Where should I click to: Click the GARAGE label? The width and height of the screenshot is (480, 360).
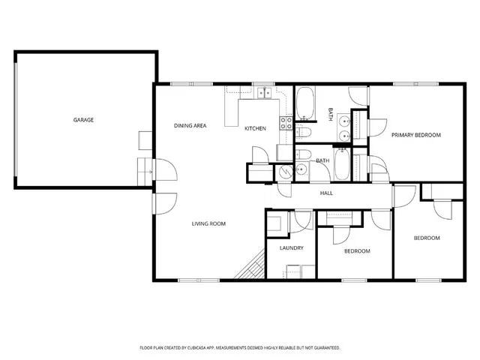click(x=83, y=120)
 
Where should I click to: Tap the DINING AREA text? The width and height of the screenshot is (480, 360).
click(x=190, y=125)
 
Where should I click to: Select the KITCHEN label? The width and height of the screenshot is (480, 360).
click(x=255, y=128)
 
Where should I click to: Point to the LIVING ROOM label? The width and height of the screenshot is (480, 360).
click(x=208, y=223)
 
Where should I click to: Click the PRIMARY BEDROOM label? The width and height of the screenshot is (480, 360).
click(x=415, y=135)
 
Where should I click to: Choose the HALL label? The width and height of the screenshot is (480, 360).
click(x=326, y=193)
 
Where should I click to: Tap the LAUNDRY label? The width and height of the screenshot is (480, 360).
click(x=291, y=247)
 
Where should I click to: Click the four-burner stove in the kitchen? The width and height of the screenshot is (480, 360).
click(x=286, y=123)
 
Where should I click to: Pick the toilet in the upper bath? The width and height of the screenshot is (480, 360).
click(x=304, y=133)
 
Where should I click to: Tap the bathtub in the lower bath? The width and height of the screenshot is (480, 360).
click(x=341, y=164)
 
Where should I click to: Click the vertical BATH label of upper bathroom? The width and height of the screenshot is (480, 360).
click(x=331, y=114)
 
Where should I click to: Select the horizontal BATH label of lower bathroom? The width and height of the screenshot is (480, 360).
click(x=322, y=160)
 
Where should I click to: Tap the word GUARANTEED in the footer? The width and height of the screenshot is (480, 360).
click(x=324, y=348)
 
